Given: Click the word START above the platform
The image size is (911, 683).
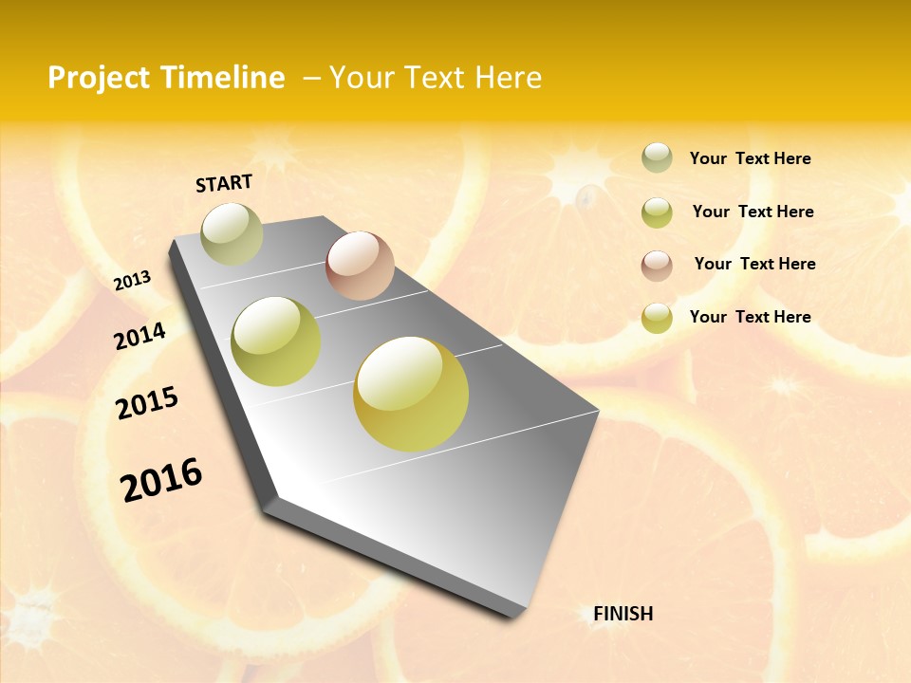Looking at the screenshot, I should pyautogui.click(x=224, y=182).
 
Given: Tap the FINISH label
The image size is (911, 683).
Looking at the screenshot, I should pyautogui.click(x=623, y=614).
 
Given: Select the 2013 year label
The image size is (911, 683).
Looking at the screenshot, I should pyautogui.click(x=132, y=281).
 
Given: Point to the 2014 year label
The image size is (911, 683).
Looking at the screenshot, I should pyautogui.click(x=139, y=336).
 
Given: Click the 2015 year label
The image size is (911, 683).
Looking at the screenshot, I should pyautogui.click(x=147, y=403).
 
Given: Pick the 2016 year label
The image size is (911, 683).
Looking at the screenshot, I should pyautogui.click(x=161, y=480).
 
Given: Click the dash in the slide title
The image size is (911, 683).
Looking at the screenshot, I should pyautogui.click(x=311, y=78).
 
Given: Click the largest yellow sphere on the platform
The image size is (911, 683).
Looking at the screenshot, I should pyautogui.click(x=411, y=394).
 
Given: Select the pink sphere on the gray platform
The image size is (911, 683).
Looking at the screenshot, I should pyautogui.click(x=360, y=266).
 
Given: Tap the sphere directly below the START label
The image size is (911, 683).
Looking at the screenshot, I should pyautogui.click(x=232, y=234).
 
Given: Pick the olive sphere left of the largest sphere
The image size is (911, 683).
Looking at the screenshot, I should pyautogui.click(x=276, y=341).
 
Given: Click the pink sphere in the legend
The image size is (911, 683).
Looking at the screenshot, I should pyautogui.click(x=657, y=266).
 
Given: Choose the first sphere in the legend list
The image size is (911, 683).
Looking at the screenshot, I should pyautogui.click(x=657, y=158).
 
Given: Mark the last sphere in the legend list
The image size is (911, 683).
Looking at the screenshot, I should pyautogui.click(x=657, y=318).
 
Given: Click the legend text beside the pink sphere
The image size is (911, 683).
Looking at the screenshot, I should pyautogui.click(x=754, y=264).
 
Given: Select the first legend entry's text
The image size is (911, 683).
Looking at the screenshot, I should pyautogui.click(x=750, y=158).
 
